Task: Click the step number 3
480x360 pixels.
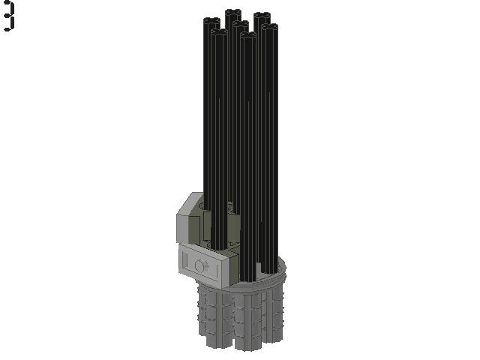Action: (x=9, y=16)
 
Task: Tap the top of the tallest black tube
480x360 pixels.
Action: (x=233, y=13)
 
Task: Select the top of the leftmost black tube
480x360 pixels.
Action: (x=211, y=21)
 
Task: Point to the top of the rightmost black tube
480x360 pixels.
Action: (x=270, y=27)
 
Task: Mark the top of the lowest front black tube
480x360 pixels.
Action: (x=248, y=35)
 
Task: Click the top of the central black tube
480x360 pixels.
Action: (x=240, y=24)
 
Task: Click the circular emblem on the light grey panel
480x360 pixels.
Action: (x=201, y=265)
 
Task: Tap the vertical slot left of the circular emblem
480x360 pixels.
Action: (x=184, y=259)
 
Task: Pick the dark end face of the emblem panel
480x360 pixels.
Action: (x=233, y=269)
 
